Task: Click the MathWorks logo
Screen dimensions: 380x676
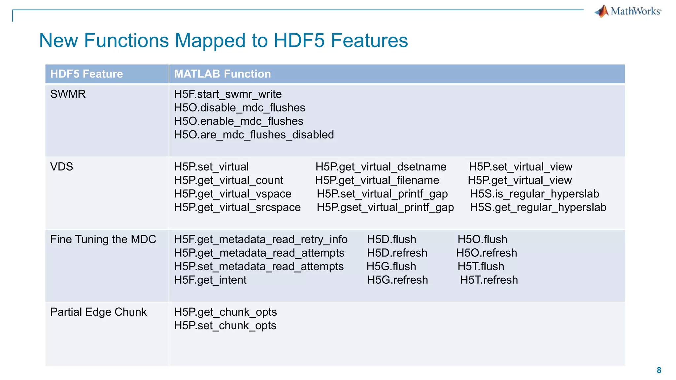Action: point(628,11)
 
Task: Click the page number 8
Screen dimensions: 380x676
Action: point(659,370)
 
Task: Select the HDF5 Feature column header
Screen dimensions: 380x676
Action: point(86,74)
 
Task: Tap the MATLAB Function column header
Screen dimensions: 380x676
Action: point(222,74)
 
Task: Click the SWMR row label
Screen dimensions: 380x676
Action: point(68,94)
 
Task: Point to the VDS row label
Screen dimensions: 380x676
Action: point(62,167)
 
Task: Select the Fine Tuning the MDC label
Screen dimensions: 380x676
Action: point(103,239)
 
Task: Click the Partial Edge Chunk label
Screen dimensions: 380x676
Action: point(98,312)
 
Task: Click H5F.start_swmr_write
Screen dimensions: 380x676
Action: point(228,94)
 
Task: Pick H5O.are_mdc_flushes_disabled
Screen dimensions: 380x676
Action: point(254,135)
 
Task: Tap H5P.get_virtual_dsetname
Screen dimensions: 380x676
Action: point(381,167)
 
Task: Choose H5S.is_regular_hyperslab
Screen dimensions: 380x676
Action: point(534,194)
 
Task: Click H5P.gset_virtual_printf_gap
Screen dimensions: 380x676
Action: point(385,207)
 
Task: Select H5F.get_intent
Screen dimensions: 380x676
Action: point(210,280)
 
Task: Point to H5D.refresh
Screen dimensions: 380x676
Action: point(397,253)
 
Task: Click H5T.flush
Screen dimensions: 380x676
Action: point(481,267)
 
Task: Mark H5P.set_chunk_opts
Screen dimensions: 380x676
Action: point(225,326)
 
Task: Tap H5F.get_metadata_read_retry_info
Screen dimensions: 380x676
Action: point(261,239)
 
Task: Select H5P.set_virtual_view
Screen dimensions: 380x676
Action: point(521,167)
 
